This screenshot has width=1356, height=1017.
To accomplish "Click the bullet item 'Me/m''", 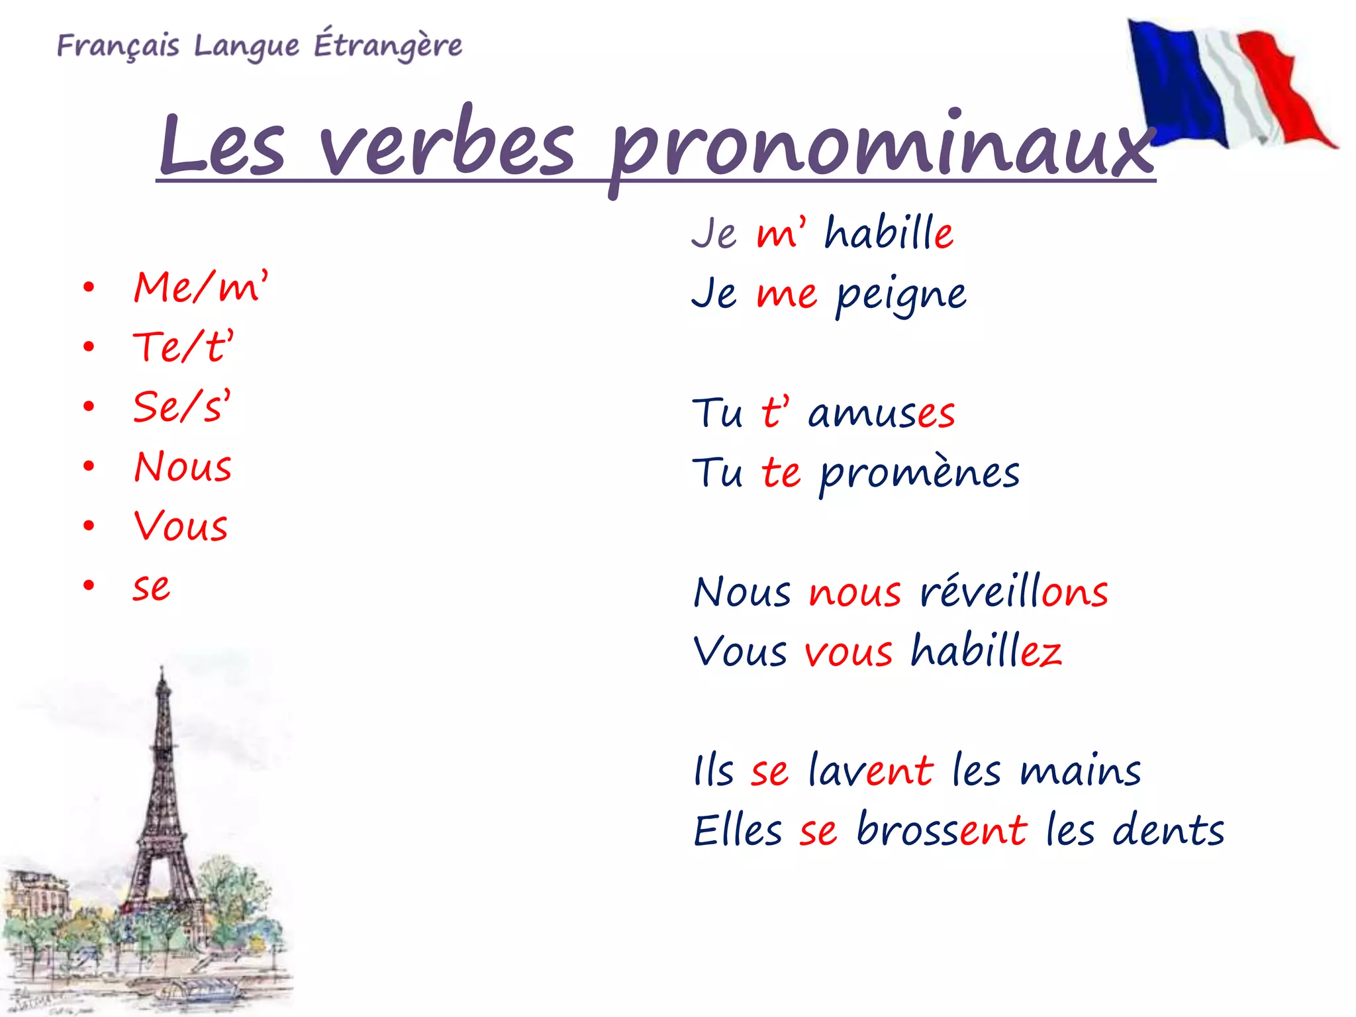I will click(200, 287).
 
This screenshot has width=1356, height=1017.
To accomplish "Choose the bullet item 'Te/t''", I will click(183, 347).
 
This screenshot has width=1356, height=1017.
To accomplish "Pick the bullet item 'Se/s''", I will click(181, 407).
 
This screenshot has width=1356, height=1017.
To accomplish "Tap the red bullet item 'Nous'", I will click(183, 467).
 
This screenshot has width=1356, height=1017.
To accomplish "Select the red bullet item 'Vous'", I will click(181, 526).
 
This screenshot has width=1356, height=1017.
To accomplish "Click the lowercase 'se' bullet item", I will click(152, 587).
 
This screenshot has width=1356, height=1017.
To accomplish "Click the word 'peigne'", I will click(900, 295).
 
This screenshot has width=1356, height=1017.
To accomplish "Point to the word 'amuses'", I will click(881, 413).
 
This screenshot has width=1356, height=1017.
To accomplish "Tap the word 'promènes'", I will click(919, 474).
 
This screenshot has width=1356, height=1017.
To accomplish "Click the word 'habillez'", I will click(986, 651).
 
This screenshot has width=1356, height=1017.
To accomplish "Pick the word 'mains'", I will click(1081, 771).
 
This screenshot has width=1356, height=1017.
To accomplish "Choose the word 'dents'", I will click(1168, 830).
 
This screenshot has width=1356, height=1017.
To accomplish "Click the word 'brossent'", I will click(942, 830).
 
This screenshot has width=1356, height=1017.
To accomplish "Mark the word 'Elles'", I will click(738, 830).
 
